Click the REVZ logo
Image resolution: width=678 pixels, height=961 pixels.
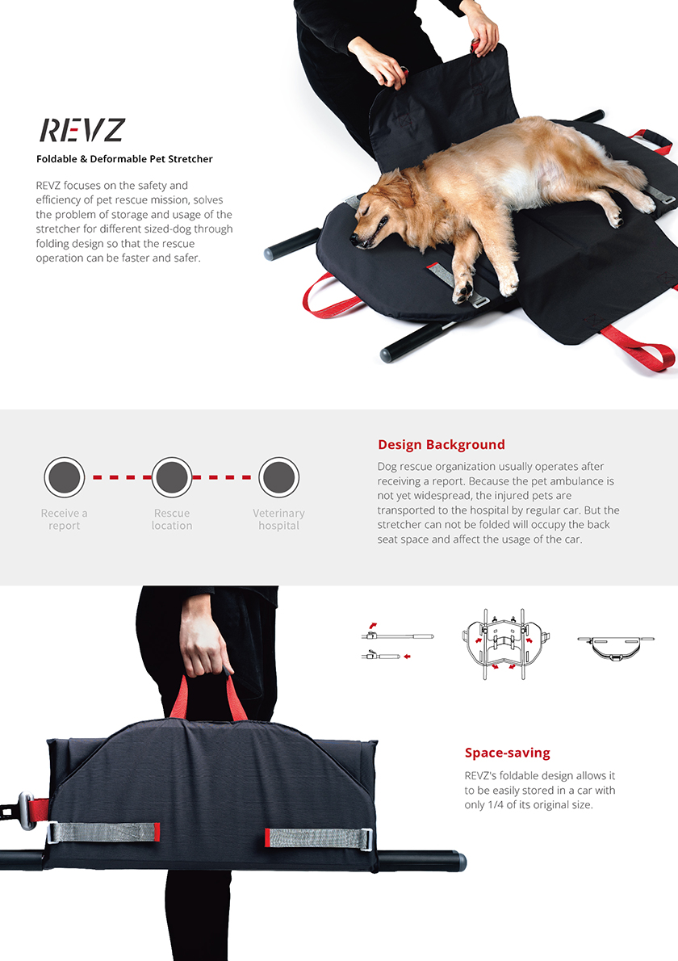[82, 130]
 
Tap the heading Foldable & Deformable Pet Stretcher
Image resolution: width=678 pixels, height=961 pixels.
[124, 159]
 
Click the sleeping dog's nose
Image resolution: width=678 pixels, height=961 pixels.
[354, 238]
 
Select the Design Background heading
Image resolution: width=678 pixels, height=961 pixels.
[441, 444]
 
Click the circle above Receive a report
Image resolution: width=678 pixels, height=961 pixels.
[65, 476]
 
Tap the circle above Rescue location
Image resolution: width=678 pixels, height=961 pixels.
[171, 476]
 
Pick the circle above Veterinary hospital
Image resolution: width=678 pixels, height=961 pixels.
[278, 476]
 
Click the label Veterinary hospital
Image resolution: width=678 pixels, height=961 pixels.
[278, 519]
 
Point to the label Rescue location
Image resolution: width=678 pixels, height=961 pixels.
[171, 519]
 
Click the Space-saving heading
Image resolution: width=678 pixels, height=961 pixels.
[507, 753]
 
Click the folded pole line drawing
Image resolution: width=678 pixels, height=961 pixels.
[397, 642]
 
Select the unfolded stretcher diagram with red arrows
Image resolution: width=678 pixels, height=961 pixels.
[505, 644]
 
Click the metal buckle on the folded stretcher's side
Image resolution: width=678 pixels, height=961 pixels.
[26, 810]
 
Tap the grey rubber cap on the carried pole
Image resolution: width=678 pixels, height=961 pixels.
[458, 861]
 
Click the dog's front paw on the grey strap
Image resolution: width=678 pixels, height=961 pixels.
[462, 291]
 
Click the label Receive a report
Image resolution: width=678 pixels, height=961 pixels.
[65, 519]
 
